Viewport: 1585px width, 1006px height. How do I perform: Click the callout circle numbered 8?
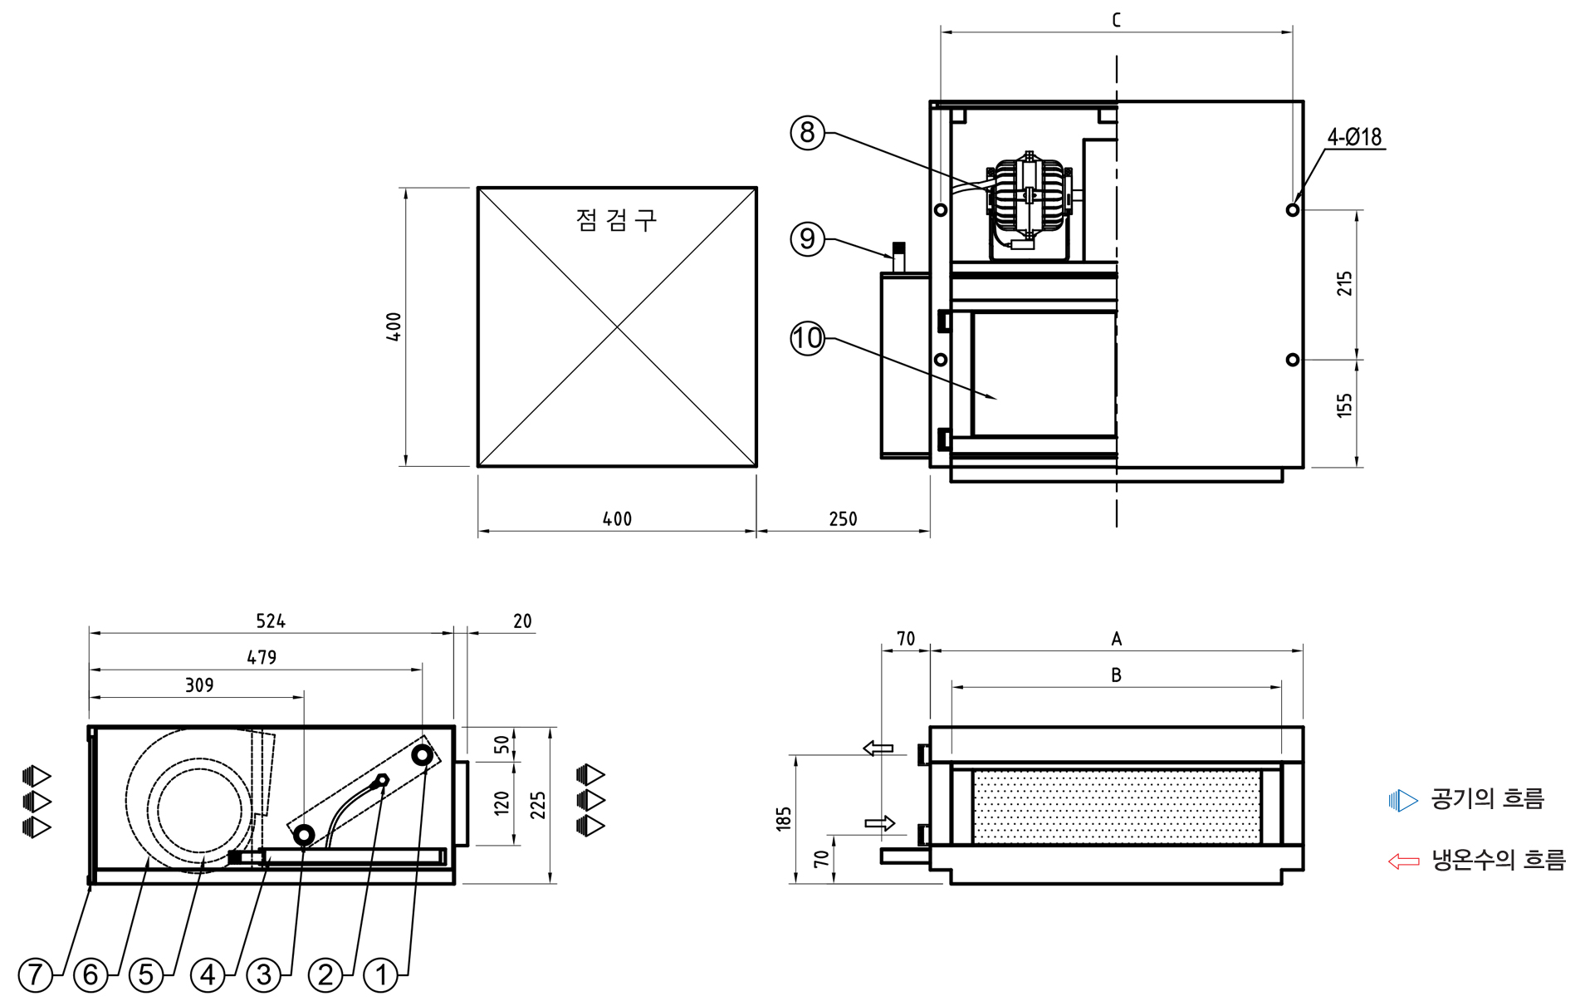807,132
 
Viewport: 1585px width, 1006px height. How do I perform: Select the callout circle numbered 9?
807,239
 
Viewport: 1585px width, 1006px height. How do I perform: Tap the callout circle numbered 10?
807,338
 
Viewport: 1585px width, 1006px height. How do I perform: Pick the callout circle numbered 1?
381,974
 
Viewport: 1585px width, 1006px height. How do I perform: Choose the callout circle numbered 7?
35,974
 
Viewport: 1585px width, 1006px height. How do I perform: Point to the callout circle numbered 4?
208,974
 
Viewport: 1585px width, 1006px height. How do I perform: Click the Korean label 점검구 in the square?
616,220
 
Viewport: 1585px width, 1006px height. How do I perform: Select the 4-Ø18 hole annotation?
1354,137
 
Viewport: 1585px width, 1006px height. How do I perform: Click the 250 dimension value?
843,519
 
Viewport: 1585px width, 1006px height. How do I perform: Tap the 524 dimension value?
271,621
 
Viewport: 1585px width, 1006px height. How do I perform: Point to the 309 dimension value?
199,685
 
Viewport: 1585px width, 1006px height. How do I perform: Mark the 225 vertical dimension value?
538,805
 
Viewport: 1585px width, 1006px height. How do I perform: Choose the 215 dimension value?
1344,283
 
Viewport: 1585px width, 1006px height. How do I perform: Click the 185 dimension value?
784,818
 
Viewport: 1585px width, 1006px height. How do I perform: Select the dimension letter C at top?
1116,20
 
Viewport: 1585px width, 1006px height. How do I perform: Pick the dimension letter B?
1116,675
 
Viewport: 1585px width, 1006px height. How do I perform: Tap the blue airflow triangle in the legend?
1403,800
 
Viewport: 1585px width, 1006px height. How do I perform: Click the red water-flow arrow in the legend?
1404,861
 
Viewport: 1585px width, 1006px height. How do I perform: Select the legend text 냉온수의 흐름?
1498,860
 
